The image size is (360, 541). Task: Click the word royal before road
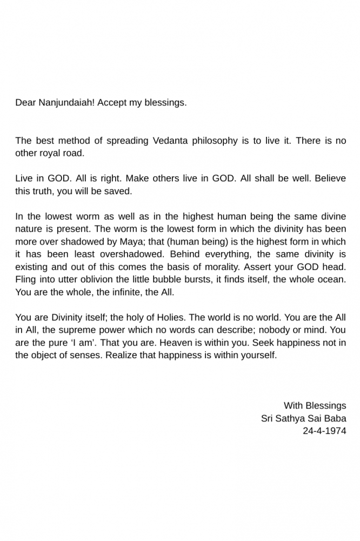[52, 153]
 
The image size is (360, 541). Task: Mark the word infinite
[115, 292]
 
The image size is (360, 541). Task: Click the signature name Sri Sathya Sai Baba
[303, 418]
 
